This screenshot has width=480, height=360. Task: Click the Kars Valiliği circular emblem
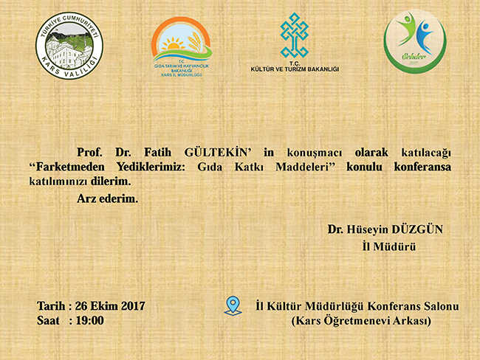point(69,48)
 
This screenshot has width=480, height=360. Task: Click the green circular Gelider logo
point(414,43)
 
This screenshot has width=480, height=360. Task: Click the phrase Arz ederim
point(107,198)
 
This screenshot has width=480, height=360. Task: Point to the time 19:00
point(89,320)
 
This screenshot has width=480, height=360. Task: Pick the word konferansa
point(420,166)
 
